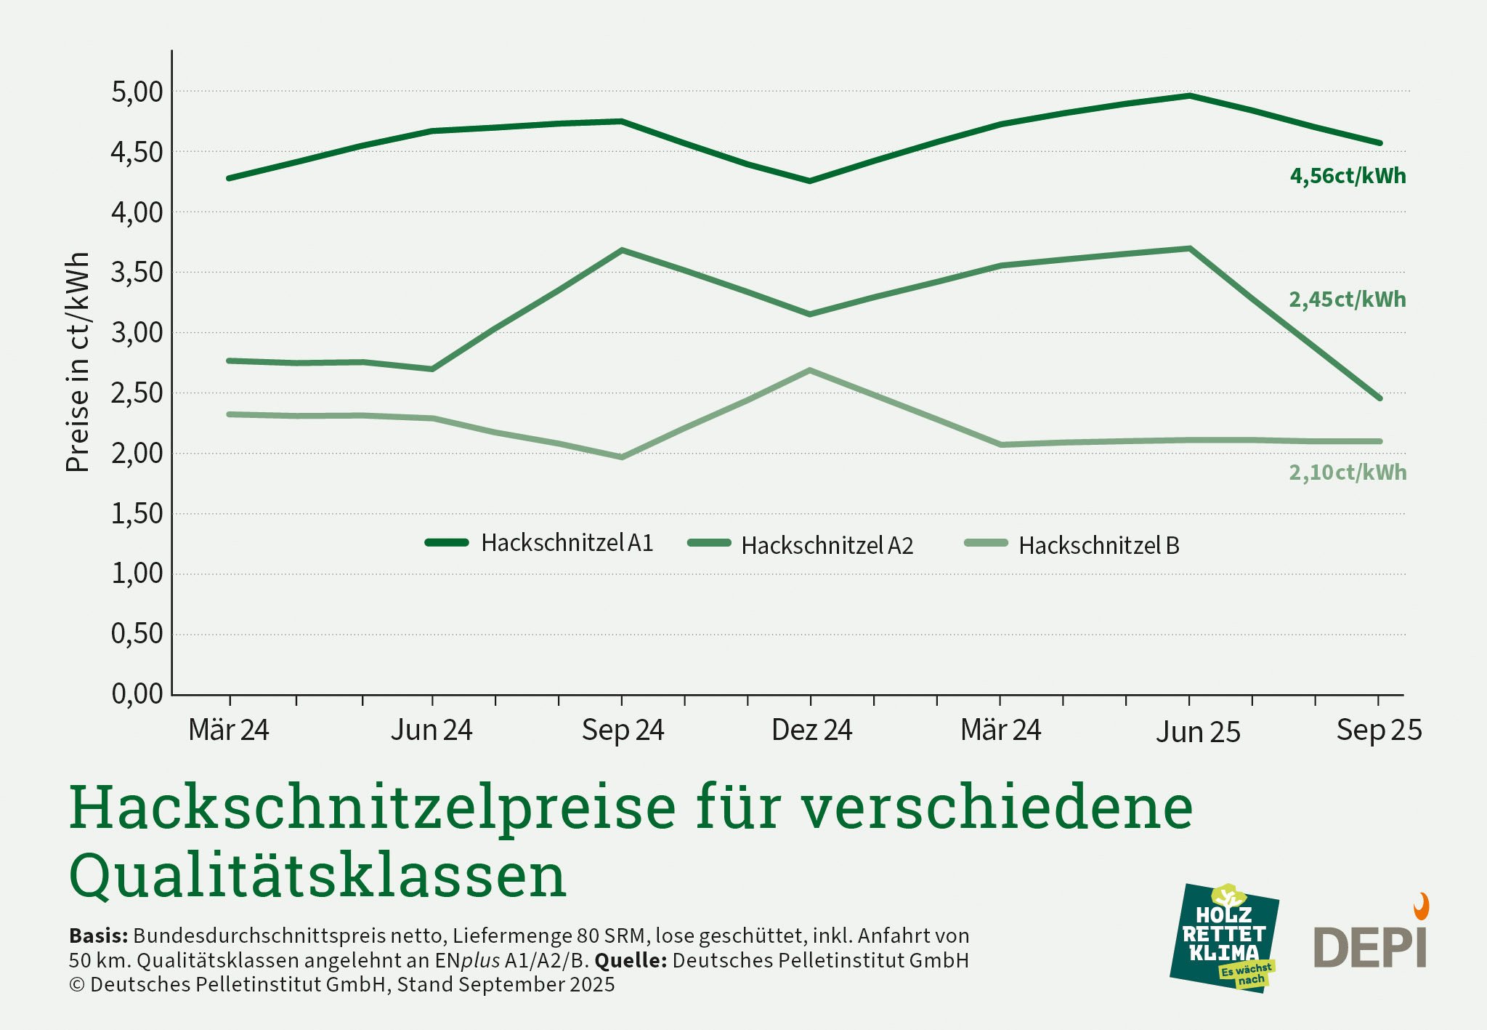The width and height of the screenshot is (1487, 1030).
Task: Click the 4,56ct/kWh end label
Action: (1348, 176)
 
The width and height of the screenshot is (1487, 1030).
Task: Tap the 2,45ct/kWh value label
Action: (1348, 299)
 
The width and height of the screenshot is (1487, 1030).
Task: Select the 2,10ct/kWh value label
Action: (1348, 472)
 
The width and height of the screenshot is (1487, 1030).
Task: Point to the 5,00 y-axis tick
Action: (137, 92)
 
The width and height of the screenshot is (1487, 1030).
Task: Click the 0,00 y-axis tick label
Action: (137, 694)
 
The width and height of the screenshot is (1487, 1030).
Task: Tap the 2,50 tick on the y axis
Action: (137, 393)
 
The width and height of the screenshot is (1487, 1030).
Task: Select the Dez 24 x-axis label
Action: (811, 730)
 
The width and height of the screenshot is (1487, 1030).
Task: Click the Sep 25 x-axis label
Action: (1378, 730)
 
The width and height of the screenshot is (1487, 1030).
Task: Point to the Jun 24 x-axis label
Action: (431, 730)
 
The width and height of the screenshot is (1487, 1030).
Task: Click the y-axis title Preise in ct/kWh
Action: (78, 362)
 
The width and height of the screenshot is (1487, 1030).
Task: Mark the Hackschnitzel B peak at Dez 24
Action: (810, 371)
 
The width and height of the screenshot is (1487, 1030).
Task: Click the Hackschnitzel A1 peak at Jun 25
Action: (1189, 95)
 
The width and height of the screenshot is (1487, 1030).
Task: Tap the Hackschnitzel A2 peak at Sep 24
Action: (622, 250)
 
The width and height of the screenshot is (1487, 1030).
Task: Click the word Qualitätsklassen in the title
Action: (317, 875)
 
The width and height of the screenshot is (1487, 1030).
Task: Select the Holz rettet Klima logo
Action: (1225, 938)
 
